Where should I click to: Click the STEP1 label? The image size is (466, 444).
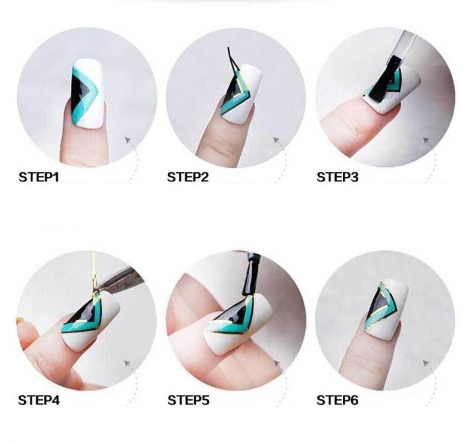tap(39, 177)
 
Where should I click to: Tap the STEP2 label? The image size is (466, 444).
tap(188, 177)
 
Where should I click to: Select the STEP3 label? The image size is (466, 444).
tap(337, 177)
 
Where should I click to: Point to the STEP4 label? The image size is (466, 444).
tap(39, 400)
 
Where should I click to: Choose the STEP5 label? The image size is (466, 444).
tap(188, 400)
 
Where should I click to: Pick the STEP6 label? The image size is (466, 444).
tap(337, 400)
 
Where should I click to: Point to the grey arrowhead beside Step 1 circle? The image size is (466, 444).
tap(128, 140)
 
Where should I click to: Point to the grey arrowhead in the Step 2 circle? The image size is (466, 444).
tap(276, 140)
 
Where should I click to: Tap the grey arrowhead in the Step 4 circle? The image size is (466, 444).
tap(128, 363)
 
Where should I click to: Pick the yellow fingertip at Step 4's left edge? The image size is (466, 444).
tap(20, 321)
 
